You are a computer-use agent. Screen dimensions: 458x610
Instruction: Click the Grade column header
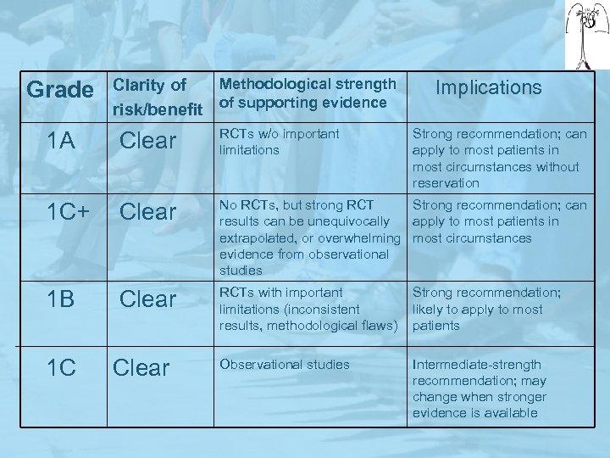pyautogui.click(x=59, y=89)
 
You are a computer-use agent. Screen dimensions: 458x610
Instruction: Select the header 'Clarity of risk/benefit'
pyautogui.click(x=157, y=97)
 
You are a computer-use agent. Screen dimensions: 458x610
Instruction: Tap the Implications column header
pyautogui.click(x=488, y=87)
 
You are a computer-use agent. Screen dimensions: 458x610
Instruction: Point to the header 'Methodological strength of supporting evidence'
pyautogui.click(x=307, y=93)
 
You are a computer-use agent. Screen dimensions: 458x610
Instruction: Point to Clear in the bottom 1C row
pyautogui.click(x=141, y=367)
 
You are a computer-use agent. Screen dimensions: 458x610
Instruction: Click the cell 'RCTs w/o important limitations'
pyautogui.click(x=279, y=142)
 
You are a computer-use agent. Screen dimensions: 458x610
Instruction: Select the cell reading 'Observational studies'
pyautogui.click(x=284, y=365)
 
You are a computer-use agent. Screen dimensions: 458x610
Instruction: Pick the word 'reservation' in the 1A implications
pyautogui.click(x=446, y=183)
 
